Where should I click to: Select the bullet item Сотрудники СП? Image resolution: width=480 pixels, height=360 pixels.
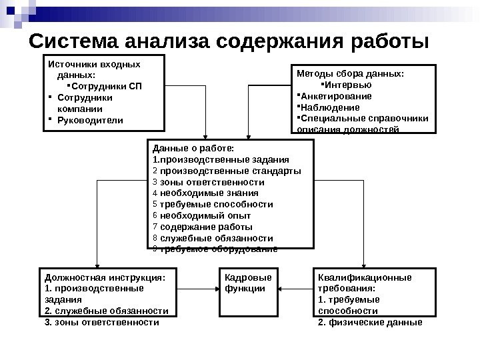click(106, 86)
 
